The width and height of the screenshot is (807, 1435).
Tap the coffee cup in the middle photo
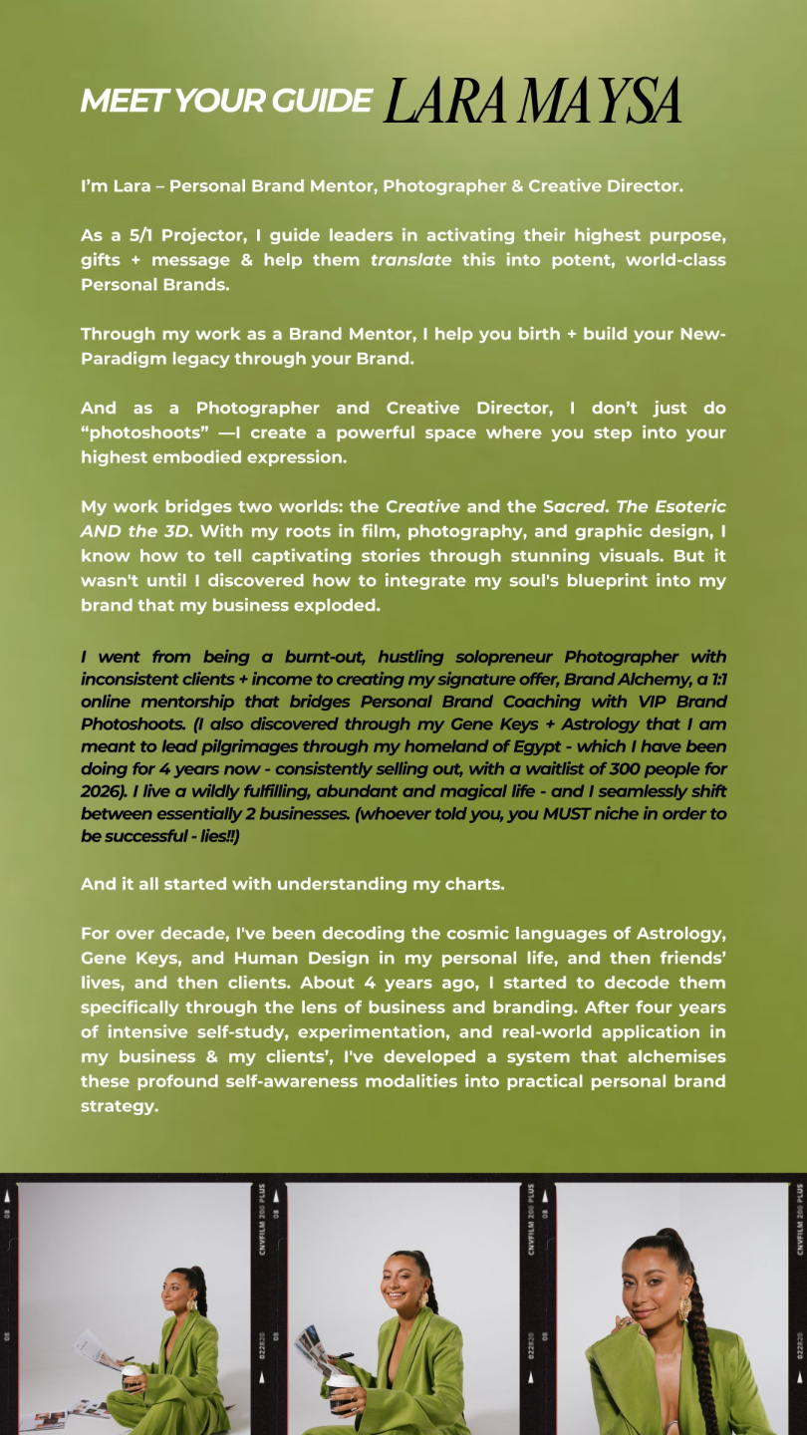tap(340, 1375)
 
